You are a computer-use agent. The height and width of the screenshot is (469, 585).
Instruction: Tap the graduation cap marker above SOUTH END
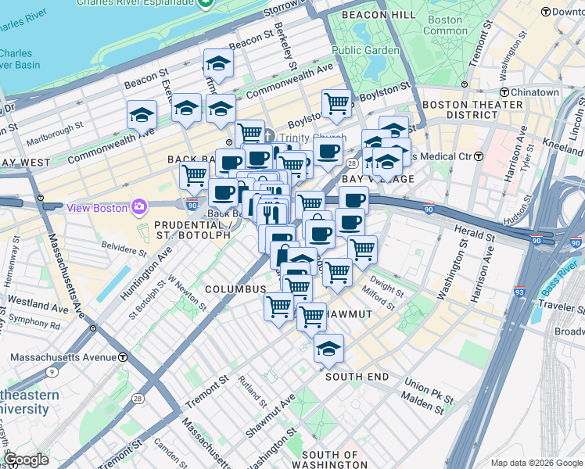click(329, 348)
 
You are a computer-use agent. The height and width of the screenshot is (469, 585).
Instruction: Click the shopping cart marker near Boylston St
click(336, 103)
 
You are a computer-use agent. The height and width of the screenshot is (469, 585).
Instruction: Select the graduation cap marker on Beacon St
click(219, 64)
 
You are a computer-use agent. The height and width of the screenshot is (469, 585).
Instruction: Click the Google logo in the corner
click(27, 459)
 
